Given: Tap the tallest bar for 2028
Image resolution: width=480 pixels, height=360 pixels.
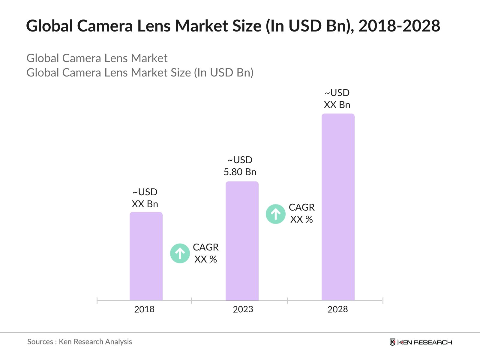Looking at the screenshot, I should click(x=338, y=207).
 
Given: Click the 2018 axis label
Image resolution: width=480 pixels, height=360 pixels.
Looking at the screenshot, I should click(x=144, y=309).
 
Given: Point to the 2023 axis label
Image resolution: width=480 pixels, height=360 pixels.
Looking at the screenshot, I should click(x=243, y=309).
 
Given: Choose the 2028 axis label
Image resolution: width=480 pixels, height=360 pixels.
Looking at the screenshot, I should click(x=337, y=309).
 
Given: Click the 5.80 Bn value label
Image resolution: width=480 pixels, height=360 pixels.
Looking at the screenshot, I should click(x=240, y=172).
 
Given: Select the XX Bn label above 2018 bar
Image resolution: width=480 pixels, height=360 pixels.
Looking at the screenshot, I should click(x=145, y=204).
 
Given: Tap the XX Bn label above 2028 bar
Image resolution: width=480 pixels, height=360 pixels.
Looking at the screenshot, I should click(x=337, y=105).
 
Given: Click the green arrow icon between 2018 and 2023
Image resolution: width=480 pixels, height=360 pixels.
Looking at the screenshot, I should click(x=180, y=253).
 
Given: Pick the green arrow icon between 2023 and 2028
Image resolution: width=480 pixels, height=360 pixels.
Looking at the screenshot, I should click(x=276, y=214).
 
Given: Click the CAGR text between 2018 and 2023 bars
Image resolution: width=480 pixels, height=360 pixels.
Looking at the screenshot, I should click(x=205, y=247).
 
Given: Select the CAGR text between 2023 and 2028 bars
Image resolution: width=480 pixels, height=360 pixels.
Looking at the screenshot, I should click(x=301, y=207).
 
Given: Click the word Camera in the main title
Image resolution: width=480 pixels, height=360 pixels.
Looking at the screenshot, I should click(x=105, y=26).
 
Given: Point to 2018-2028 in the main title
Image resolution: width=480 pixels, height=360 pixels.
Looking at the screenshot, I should click(x=399, y=26).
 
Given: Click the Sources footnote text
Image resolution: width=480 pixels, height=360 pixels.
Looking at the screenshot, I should click(x=79, y=342).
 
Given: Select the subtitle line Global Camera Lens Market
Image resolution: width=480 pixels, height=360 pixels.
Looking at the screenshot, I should click(x=97, y=58).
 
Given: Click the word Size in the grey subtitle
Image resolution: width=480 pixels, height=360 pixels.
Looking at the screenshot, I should click(x=181, y=73).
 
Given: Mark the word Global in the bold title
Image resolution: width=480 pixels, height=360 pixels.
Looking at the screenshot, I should click(x=49, y=26).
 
